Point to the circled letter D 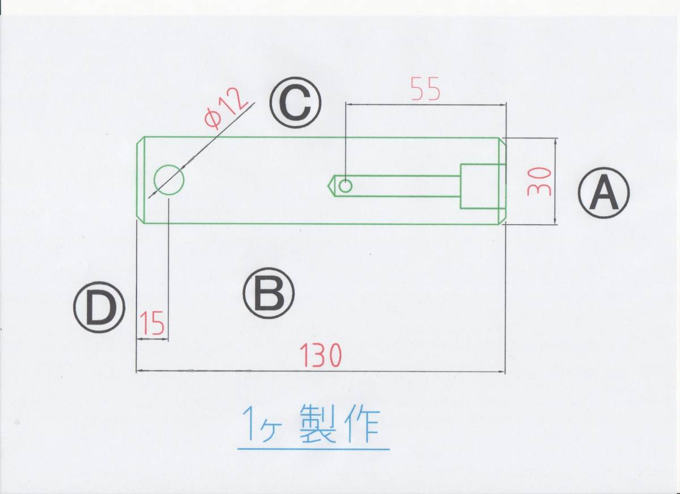[x=99, y=308]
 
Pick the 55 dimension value [x=425, y=90]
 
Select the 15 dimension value [x=152, y=323]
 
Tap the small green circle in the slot [x=345, y=185]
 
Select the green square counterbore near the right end [x=481, y=186]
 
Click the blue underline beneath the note [x=314, y=448]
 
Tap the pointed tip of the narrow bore [x=330, y=185]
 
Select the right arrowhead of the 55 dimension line [x=503, y=104]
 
